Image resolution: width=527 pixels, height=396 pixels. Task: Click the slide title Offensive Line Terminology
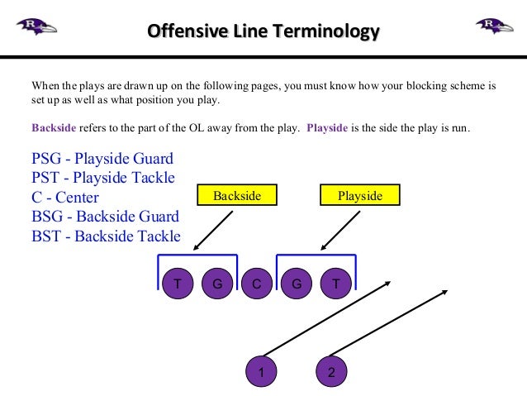[263, 32]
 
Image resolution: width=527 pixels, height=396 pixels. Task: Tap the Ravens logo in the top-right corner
[493, 26]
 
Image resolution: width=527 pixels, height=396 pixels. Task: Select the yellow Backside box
[237, 196]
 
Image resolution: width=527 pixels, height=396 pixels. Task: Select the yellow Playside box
[360, 196]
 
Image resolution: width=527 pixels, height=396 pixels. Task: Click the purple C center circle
[257, 284]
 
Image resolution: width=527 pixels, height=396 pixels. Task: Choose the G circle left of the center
[217, 284]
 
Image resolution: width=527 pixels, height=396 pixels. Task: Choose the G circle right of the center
[296, 284]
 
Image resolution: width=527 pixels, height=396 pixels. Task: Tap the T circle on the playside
[335, 284]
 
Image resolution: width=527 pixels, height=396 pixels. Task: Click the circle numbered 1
[261, 373]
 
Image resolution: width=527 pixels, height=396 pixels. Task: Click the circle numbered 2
[331, 373]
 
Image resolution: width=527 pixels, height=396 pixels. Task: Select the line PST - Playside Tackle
[103, 178]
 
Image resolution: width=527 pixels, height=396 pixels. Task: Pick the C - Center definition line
[65, 198]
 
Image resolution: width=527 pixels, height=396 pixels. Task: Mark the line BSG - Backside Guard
[105, 217]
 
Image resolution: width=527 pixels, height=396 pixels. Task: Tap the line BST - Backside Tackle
[106, 236]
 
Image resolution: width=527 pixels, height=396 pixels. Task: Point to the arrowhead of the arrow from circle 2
[446, 292]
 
